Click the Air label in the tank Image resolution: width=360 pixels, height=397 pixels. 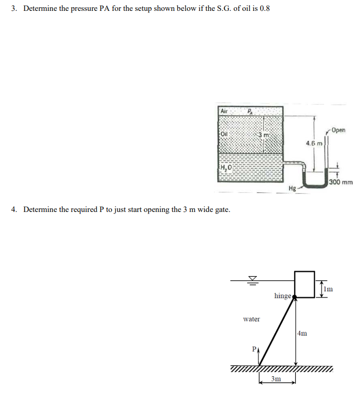point(224,111)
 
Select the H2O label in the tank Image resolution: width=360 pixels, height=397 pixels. point(226,166)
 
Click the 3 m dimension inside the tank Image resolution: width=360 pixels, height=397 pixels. point(264,135)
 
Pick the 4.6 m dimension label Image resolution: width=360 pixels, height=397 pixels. point(314,143)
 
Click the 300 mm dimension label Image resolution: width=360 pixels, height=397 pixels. point(341,182)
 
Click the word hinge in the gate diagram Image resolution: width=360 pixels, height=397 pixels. point(282,295)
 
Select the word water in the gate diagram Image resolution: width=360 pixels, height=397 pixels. point(251,319)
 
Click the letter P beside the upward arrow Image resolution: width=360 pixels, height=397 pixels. point(254,349)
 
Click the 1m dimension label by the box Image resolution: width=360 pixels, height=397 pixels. point(329,288)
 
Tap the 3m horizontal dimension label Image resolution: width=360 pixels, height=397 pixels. point(277,379)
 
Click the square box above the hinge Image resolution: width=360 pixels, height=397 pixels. point(305,283)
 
